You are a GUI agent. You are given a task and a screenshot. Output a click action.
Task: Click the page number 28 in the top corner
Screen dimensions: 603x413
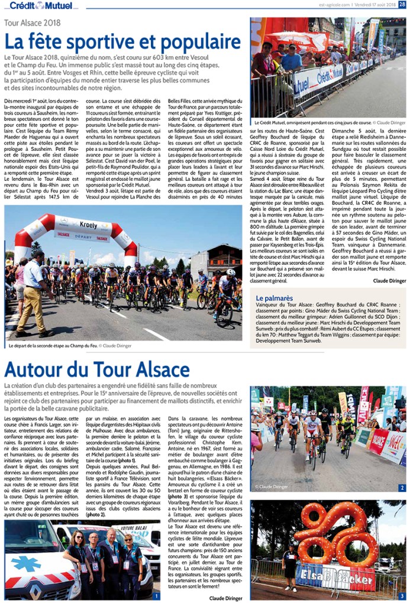(x=402, y=5)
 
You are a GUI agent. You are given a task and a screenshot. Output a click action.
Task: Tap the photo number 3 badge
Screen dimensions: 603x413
(x=402, y=595)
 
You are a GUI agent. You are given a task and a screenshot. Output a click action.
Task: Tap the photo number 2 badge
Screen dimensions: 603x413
(x=402, y=488)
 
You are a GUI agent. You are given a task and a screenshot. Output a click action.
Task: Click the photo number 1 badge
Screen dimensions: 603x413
(x=156, y=595)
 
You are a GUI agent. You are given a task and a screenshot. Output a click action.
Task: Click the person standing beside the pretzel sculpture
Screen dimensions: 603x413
(x=289, y=566)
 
